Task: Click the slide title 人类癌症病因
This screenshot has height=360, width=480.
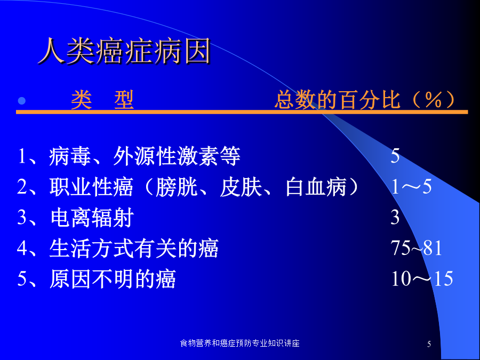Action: (124, 51)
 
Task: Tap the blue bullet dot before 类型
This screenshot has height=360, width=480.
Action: (21, 101)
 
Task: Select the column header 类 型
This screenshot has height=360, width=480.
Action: (102, 100)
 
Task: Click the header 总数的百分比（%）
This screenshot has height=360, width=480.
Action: (365, 100)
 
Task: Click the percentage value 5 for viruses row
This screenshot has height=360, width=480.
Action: (395, 156)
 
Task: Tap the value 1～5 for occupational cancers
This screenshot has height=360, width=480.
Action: (411, 187)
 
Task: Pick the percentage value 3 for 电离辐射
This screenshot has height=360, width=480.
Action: (395, 218)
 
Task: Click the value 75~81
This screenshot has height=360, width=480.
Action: (417, 248)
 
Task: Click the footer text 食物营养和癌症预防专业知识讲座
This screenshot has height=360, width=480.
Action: (239, 343)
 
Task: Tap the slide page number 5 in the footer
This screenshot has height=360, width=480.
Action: (429, 344)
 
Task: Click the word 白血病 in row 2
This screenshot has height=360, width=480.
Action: (316, 187)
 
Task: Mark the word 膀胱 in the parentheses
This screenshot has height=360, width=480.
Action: (177, 187)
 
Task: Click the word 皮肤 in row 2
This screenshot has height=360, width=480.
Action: (241, 187)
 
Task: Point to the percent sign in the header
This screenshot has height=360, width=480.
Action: (434, 100)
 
